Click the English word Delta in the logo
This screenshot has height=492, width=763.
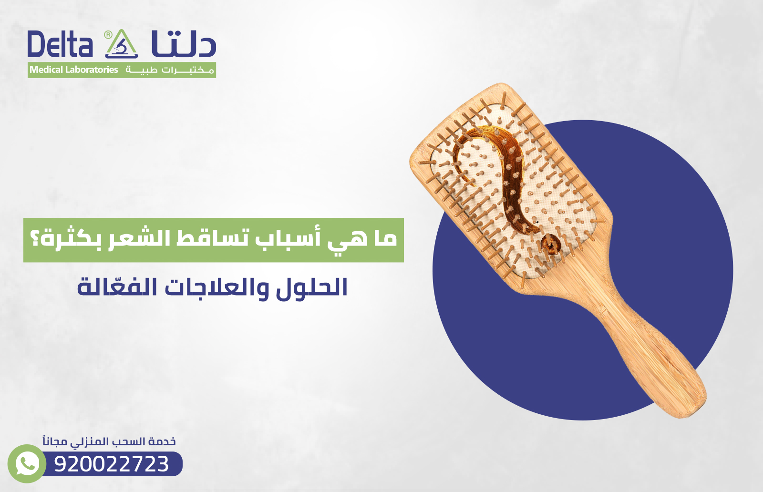(60, 45)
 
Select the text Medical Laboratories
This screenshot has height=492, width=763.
(74, 70)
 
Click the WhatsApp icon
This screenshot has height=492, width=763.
(27, 464)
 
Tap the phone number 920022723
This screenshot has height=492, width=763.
(112, 464)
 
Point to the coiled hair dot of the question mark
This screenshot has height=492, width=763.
(551, 245)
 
